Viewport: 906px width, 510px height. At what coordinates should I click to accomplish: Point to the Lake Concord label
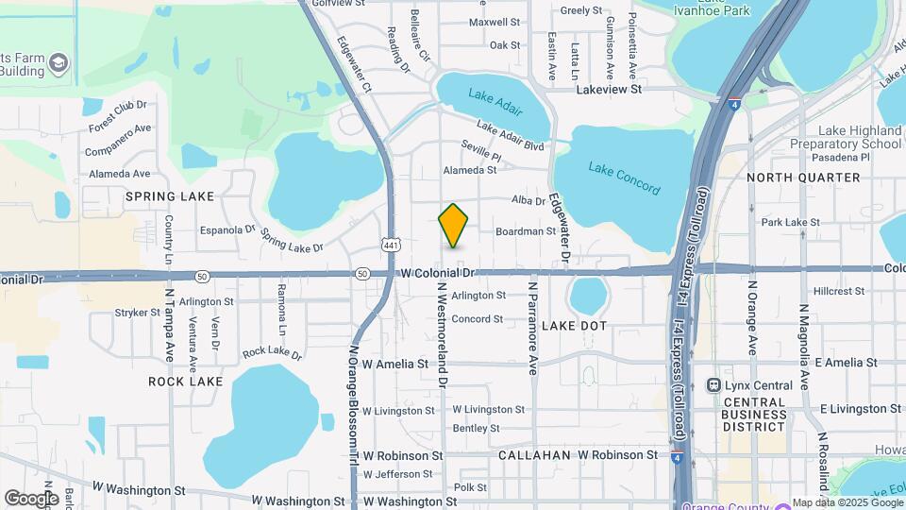(623, 178)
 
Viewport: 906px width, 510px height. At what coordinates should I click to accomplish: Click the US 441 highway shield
(391, 245)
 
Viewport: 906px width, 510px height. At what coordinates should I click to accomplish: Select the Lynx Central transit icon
(715, 385)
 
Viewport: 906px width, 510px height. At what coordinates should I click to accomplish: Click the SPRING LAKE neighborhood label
(170, 196)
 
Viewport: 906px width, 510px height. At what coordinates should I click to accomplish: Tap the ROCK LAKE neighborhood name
(186, 382)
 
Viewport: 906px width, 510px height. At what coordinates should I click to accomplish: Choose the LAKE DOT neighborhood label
(600, 325)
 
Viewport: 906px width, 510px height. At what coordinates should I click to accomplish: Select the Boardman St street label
(526, 231)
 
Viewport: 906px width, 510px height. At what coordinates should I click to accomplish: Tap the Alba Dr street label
(528, 201)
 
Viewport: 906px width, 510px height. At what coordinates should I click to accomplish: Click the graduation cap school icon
(59, 64)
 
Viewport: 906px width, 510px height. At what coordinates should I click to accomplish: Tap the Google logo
(30, 498)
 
